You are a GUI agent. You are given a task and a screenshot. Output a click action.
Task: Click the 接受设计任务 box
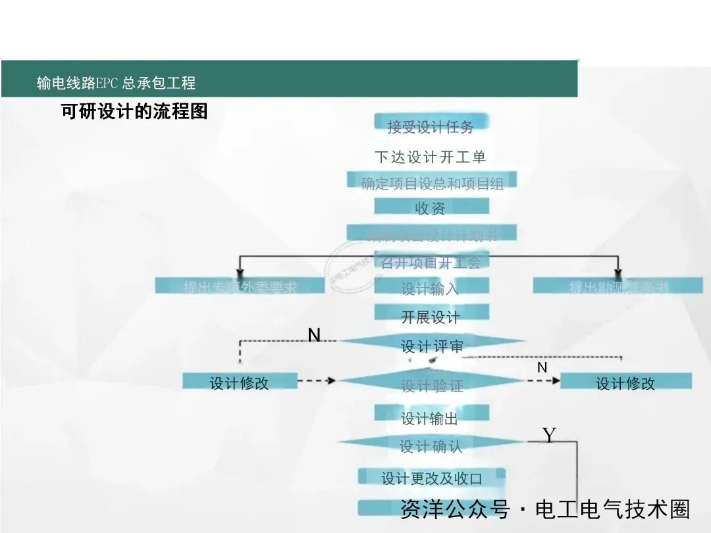click(431, 126)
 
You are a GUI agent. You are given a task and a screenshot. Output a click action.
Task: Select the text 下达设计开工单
click(431, 157)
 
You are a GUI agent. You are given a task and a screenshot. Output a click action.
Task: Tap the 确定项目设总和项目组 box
click(432, 182)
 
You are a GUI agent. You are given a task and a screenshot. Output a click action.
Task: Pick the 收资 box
click(431, 208)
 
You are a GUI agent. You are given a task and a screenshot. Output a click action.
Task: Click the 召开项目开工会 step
click(431, 263)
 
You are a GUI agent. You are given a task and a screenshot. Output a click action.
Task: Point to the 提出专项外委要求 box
click(240, 286)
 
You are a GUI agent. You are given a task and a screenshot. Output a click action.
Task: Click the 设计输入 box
click(431, 288)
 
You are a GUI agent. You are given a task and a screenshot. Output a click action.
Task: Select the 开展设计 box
click(431, 317)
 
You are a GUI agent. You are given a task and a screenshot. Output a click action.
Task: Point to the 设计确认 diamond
click(431, 445)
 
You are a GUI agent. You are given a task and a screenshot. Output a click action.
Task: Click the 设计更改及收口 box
click(432, 478)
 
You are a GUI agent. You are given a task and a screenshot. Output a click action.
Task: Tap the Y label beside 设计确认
click(549, 435)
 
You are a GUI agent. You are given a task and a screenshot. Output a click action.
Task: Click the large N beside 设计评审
click(314, 336)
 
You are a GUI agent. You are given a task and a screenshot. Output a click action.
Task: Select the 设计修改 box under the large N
click(240, 382)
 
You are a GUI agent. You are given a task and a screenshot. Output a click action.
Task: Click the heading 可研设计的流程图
click(134, 111)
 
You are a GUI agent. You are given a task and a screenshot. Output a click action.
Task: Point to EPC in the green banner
click(107, 84)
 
